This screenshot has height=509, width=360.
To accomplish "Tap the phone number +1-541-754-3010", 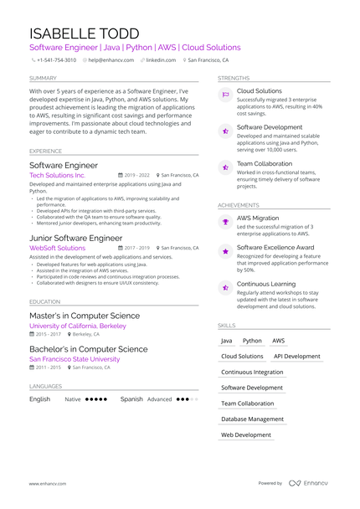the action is [x=57, y=60].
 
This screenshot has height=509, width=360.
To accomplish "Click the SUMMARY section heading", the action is [x=43, y=78].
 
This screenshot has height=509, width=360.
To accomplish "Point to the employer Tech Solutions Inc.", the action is [x=57, y=176].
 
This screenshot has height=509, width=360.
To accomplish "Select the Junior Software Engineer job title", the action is [x=75, y=239].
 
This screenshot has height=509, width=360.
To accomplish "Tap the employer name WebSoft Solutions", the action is [x=57, y=249].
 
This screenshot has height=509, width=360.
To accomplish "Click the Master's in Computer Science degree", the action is [x=84, y=316].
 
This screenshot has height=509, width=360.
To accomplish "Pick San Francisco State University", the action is [x=75, y=359].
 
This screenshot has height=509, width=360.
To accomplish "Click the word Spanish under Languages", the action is [x=131, y=399].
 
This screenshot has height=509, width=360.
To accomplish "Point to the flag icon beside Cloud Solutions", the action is [x=225, y=95].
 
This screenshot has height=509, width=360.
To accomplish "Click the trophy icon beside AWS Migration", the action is [x=225, y=222].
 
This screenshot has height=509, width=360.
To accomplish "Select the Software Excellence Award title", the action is [x=275, y=248].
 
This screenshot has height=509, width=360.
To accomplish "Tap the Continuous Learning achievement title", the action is [x=270, y=284].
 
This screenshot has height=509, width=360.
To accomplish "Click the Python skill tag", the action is [x=252, y=341].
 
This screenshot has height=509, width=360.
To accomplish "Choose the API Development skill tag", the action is [x=297, y=356].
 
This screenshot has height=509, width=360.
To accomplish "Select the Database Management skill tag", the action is [x=252, y=419].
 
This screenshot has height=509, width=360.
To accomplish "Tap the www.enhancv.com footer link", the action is [x=48, y=483].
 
